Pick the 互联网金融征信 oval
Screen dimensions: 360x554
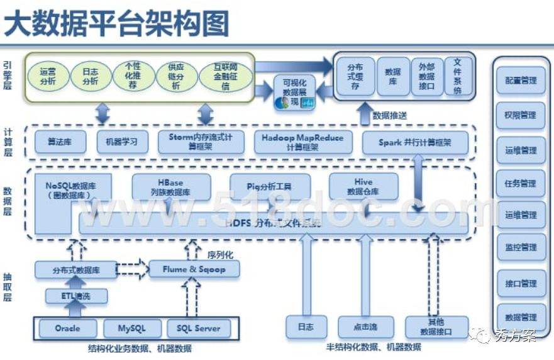pyautogui.click(x=226, y=76)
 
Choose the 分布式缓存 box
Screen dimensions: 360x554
pyautogui.click(x=355, y=76)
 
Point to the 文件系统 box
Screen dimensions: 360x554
pyautogui.click(x=457, y=76)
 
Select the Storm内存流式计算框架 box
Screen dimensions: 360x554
pyautogui.click(x=201, y=142)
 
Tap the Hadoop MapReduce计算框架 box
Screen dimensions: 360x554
pyautogui.click(x=303, y=142)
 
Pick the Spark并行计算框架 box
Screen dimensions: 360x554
pyautogui.click(x=415, y=143)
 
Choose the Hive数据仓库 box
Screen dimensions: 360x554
pyautogui.click(x=363, y=186)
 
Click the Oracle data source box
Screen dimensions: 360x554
pyautogui.click(x=67, y=328)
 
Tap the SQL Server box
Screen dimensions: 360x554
pyautogui.click(x=198, y=328)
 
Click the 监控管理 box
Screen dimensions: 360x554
pyautogui.click(x=520, y=247)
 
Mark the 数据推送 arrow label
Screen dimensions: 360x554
pyautogui.click(x=389, y=116)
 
